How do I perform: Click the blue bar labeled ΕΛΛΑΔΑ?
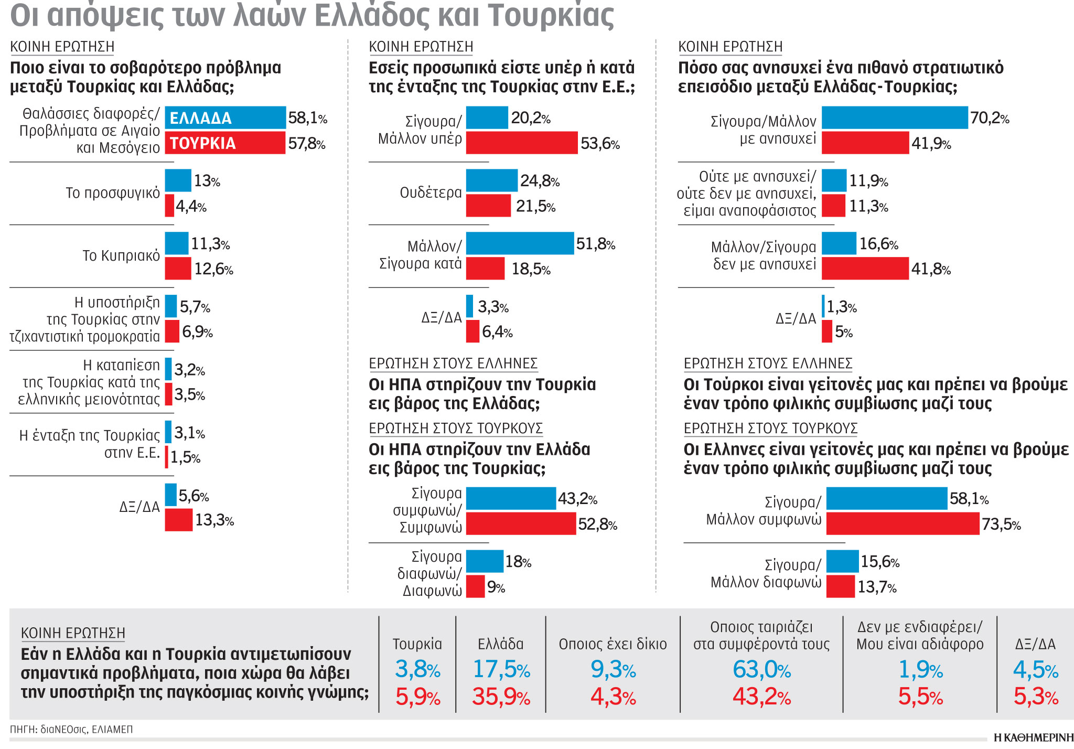pyautogui.click(x=225, y=117)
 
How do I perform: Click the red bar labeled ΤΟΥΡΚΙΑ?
pyautogui.click(x=225, y=143)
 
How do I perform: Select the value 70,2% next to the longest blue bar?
pyautogui.click(x=989, y=118)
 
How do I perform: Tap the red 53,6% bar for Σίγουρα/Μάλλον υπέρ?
pyautogui.click(x=521, y=143)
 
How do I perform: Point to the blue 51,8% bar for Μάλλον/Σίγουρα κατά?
pyautogui.click(x=519, y=243)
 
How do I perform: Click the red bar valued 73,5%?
pyautogui.click(x=902, y=523)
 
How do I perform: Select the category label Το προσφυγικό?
pyautogui.click(x=113, y=193)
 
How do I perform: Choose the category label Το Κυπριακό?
pyautogui.click(x=121, y=256)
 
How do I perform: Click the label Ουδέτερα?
pyautogui.click(x=431, y=193)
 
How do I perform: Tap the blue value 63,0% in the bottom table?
pyautogui.click(x=761, y=670)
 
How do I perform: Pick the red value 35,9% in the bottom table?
pyautogui.click(x=501, y=697)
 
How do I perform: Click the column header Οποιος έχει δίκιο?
pyautogui.click(x=613, y=644)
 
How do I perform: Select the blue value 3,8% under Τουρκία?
pyautogui.click(x=417, y=670)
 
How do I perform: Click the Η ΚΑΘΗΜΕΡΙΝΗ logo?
pyautogui.click(x=1033, y=737)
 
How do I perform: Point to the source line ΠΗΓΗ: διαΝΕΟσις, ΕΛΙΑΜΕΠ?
pyautogui.click(x=71, y=730)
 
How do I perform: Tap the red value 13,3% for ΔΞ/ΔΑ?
pyautogui.click(x=214, y=520)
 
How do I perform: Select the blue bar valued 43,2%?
pyautogui.click(x=510, y=498)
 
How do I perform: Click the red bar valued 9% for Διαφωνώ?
pyautogui.click(x=475, y=586)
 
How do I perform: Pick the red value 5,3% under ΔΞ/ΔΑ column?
pyautogui.click(x=1036, y=697)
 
